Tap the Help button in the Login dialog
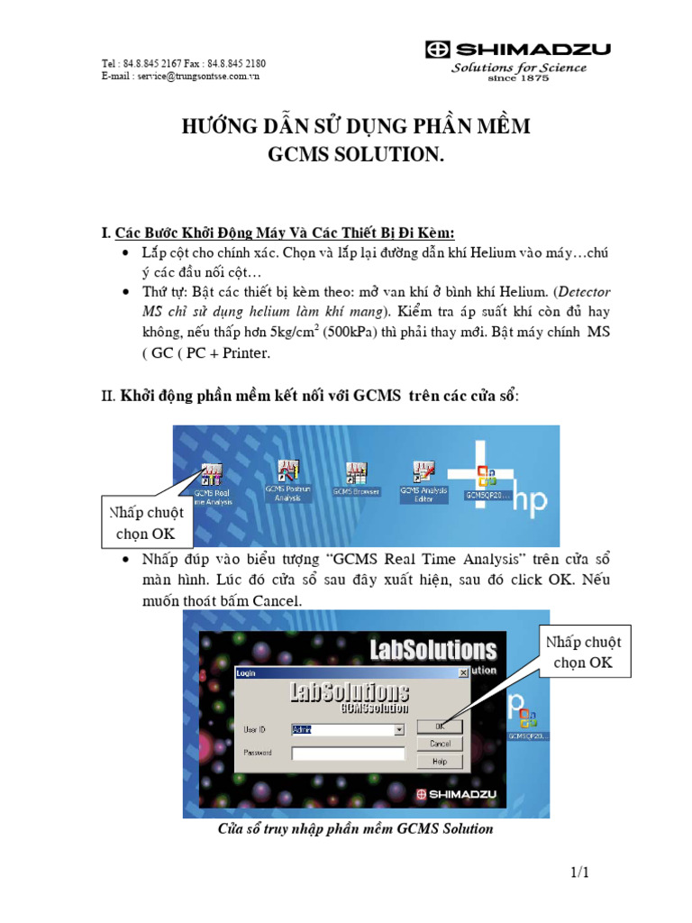pyautogui.click(x=440, y=761)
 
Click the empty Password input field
pyautogui.click(x=348, y=753)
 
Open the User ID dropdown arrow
pyautogui.click(x=399, y=729)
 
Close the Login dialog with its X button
pyautogui.click(x=463, y=672)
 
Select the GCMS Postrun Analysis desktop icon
pyautogui.click(x=288, y=479)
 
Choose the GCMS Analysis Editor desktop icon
pyautogui.click(x=423, y=479)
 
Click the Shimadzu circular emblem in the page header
pyautogui.click(x=438, y=50)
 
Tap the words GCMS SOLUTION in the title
pyautogui.click(x=357, y=155)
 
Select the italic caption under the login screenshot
pyautogui.click(x=356, y=828)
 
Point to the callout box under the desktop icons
pyautogui.click(x=147, y=523)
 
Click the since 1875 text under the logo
pyautogui.click(x=518, y=78)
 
